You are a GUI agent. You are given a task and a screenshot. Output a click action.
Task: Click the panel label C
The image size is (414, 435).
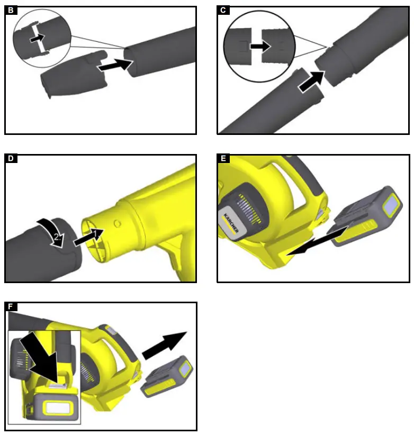click(x=223, y=10)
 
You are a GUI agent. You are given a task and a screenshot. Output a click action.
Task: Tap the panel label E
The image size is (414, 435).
click(x=223, y=158)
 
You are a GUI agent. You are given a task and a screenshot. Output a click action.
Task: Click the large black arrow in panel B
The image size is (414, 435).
click(x=114, y=66)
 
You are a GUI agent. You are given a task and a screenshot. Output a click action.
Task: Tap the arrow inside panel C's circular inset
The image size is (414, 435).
click(x=260, y=47)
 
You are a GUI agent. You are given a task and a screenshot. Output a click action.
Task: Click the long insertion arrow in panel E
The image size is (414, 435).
click(x=316, y=243)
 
